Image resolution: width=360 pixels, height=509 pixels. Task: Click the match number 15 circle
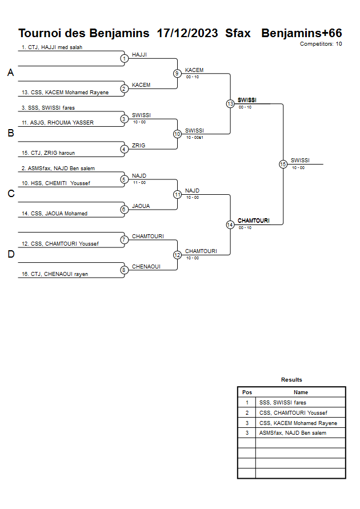coord(283,164)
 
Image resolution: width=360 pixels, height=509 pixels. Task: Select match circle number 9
coord(177,73)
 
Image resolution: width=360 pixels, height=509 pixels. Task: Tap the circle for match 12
coord(177,255)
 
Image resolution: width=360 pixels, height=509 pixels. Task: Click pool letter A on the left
coord(10,73)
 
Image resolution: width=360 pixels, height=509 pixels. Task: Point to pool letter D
coord(10,254)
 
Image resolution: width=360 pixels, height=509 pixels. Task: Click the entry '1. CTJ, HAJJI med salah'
coord(52,47)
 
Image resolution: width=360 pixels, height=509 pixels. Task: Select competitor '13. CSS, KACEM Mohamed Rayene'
coord(65,93)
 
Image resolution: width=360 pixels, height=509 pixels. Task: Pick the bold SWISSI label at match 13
coord(247,100)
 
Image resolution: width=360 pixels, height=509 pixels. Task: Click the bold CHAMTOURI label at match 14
coord(253,221)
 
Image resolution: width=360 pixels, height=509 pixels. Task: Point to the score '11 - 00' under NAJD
coord(139,183)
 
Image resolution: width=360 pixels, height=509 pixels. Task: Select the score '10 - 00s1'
coord(195,137)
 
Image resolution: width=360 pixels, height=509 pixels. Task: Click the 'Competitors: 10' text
coord(321,44)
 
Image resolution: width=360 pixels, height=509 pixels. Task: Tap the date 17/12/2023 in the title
coord(187,33)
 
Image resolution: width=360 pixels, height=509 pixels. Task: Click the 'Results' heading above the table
coord(291,380)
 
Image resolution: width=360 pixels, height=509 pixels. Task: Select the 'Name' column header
coord(301,392)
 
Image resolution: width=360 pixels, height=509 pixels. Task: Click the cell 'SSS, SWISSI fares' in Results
coord(283,403)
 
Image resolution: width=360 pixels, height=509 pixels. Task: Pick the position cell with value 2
coord(247,412)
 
